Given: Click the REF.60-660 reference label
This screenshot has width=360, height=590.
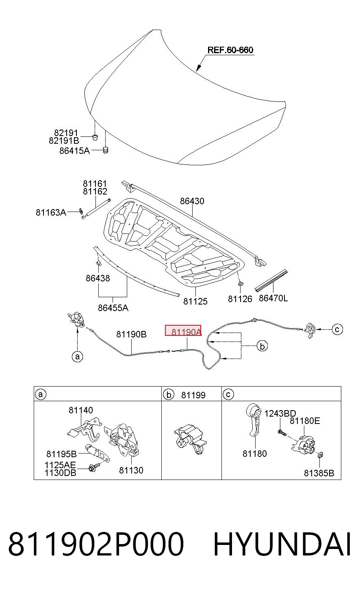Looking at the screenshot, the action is (230, 50).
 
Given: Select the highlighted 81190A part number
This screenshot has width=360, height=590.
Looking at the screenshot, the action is (187, 332).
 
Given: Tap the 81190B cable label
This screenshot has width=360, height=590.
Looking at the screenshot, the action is (131, 334).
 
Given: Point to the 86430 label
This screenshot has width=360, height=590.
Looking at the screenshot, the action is (192, 201).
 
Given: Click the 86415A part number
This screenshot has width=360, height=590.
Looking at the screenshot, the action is (75, 151).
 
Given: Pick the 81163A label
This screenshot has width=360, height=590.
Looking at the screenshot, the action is (51, 212).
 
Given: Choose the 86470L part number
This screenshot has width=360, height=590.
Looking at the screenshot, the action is (273, 298).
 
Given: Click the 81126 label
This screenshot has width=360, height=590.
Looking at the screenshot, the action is (240, 299).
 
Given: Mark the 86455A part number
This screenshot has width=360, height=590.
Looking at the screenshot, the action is (113, 308).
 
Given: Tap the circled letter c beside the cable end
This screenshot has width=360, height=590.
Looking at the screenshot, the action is (337, 329).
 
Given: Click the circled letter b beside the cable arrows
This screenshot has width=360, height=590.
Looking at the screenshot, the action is (262, 346).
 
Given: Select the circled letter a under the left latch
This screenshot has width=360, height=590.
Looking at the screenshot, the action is (77, 357).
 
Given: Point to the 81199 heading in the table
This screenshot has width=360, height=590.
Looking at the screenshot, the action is (193, 395).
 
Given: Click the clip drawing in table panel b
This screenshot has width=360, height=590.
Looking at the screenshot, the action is (190, 439).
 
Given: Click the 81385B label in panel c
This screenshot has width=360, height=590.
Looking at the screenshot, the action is (319, 473).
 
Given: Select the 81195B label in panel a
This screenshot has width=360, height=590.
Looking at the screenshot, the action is (61, 454).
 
